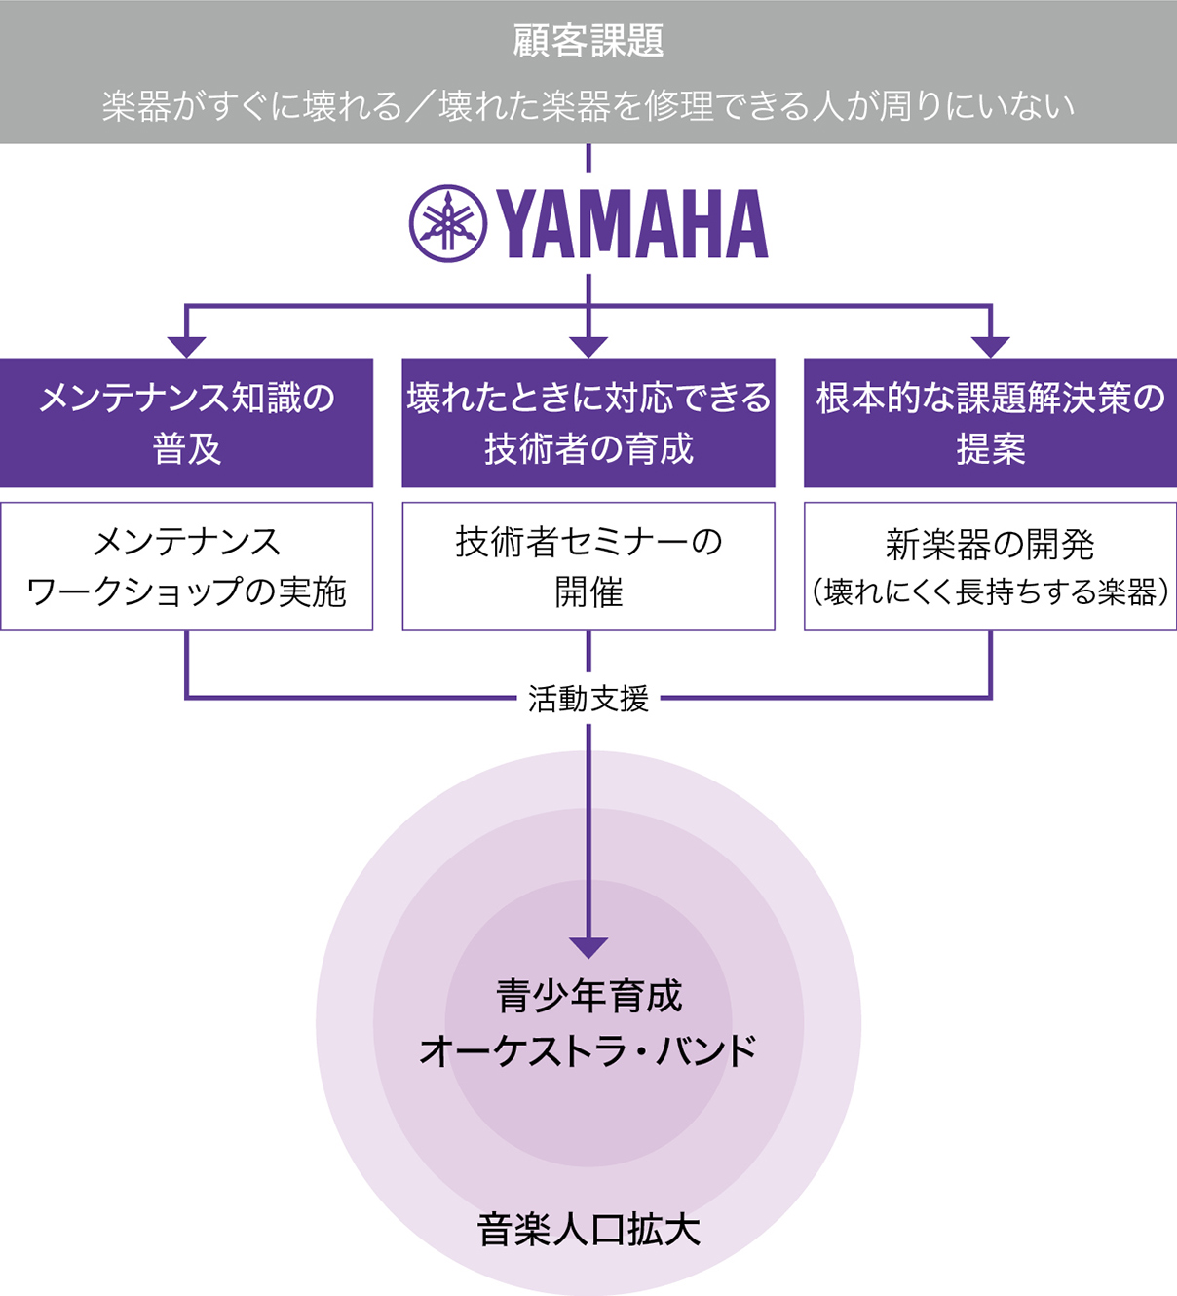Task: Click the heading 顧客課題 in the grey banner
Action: coord(588,42)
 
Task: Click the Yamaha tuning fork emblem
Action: coord(447,224)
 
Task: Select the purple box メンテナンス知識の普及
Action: coord(186,423)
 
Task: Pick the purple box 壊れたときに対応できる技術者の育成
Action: coord(588,423)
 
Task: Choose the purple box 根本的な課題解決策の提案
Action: coord(990,423)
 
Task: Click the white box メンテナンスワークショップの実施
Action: coord(186,566)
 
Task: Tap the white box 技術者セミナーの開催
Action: coord(588,566)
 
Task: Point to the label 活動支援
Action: coord(588,699)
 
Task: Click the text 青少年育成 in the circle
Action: coord(588,996)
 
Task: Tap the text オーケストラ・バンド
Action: coord(588,1051)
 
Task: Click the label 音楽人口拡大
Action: coord(588,1230)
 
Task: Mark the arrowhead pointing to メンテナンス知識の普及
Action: coord(186,346)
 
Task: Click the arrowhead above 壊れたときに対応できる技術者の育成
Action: coord(588,346)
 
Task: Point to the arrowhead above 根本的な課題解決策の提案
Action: coord(990,346)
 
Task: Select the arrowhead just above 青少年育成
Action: coord(588,947)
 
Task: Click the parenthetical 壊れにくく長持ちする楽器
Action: coord(990,592)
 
